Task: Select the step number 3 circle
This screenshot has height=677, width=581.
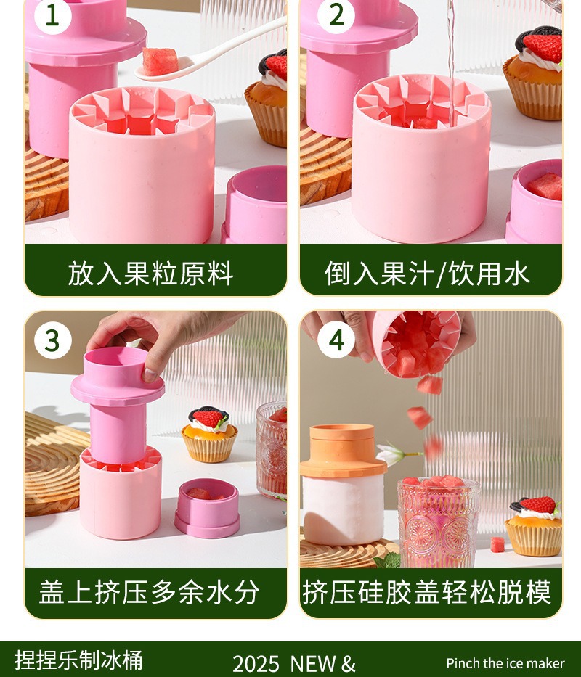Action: [x=52, y=340]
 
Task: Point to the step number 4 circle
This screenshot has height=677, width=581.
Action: [x=336, y=340]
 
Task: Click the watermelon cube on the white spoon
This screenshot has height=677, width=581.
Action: [x=160, y=61]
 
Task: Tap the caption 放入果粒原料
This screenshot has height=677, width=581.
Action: [x=150, y=274]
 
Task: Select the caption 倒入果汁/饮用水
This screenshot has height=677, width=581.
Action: [x=427, y=274]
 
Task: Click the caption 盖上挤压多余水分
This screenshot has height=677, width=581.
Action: [x=150, y=592]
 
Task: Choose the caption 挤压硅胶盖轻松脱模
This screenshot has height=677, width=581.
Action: [x=427, y=592]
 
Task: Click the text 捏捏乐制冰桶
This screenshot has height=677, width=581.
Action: [x=78, y=660]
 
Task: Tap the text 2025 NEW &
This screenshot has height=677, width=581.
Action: [x=294, y=664]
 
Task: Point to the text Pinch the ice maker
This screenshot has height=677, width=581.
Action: [x=505, y=663]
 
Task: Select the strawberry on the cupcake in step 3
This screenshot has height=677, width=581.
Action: [x=208, y=418]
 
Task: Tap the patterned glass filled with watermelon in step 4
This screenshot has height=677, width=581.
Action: [x=438, y=522]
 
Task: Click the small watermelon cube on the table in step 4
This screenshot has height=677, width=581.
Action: [x=497, y=544]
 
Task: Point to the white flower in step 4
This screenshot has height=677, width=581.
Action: [x=391, y=455]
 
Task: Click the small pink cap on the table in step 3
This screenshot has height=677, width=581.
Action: [x=208, y=508]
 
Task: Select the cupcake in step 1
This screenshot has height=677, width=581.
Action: [x=267, y=99]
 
